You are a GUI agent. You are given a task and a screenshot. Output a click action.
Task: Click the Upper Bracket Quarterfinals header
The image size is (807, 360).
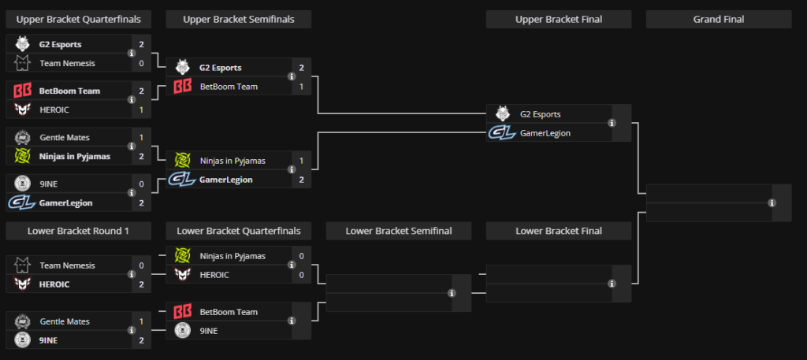point(78,20)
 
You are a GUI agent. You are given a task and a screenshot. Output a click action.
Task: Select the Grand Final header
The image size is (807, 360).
point(718,20)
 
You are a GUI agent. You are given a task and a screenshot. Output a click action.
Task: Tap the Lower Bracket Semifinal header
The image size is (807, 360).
point(398,231)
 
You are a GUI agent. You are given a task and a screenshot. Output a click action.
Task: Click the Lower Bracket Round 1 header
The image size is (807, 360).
point(78,231)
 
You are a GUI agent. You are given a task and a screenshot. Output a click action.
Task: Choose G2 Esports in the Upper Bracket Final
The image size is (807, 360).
point(540,114)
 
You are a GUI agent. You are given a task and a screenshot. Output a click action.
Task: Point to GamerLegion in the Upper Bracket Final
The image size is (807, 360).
point(545,133)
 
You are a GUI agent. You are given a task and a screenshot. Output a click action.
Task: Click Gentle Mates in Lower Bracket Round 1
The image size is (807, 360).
point(64,321)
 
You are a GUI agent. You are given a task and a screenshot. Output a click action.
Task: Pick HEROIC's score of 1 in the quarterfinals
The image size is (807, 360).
point(141,109)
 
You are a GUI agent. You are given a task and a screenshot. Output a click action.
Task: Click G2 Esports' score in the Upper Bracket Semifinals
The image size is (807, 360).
point(301,68)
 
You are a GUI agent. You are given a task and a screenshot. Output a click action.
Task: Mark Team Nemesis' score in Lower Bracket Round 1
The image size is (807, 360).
point(141,265)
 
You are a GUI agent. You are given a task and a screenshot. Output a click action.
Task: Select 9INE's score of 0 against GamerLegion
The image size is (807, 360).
point(141,184)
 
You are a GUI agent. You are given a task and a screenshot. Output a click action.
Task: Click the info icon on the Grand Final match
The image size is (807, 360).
point(772,202)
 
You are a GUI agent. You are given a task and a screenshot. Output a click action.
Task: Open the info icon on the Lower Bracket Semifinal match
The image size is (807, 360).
point(452,293)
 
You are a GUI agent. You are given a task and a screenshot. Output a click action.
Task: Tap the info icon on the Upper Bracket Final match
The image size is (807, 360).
point(612,123)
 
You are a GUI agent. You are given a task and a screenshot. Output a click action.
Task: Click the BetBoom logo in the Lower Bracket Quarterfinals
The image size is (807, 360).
point(182,312)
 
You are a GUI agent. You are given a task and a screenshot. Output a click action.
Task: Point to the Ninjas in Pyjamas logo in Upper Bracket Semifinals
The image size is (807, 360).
point(182,161)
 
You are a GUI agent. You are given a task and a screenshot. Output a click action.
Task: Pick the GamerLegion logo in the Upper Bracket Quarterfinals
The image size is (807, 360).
point(20,202)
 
